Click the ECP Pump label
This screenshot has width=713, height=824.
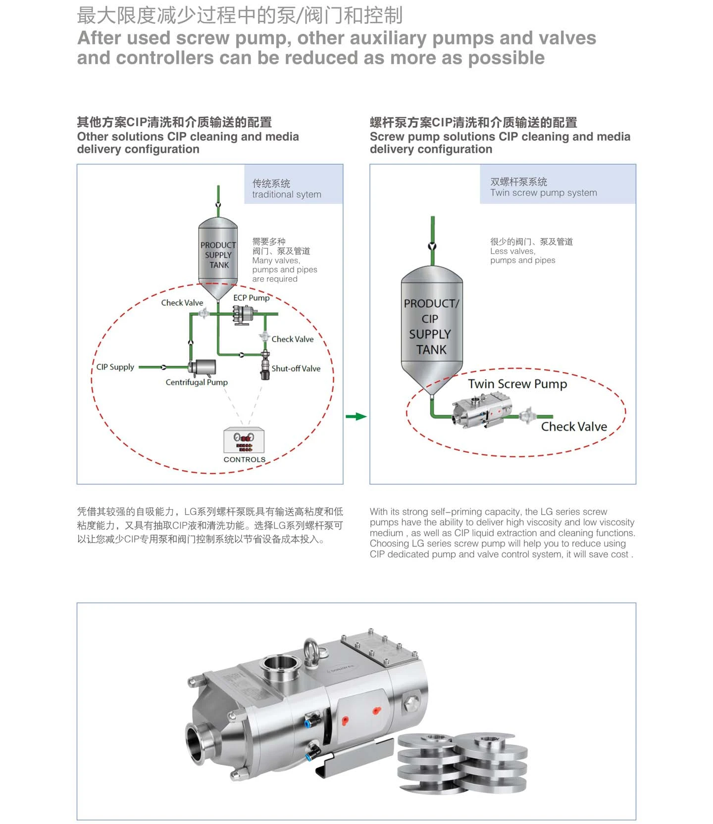(x=252, y=297)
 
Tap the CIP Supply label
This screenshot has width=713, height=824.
(x=115, y=367)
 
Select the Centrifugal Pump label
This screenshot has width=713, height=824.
(x=197, y=382)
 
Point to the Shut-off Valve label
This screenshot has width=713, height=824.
(x=296, y=368)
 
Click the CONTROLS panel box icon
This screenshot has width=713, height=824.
(x=244, y=439)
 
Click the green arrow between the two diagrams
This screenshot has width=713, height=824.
(x=356, y=416)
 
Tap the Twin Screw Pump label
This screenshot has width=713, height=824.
(x=517, y=384)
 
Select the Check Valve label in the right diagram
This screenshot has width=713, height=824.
(x=574, y=426)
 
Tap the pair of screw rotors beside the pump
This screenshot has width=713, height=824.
(x=462, y=763)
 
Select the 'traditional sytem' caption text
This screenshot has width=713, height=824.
(x=287, y=194)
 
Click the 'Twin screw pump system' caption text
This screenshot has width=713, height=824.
(x=544, y=193)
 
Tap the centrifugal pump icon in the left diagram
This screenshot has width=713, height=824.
(x=202, y=367)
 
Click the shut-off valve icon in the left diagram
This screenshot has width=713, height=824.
(x=265, y=365)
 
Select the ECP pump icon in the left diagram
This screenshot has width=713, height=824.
(x=244, y=314)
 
